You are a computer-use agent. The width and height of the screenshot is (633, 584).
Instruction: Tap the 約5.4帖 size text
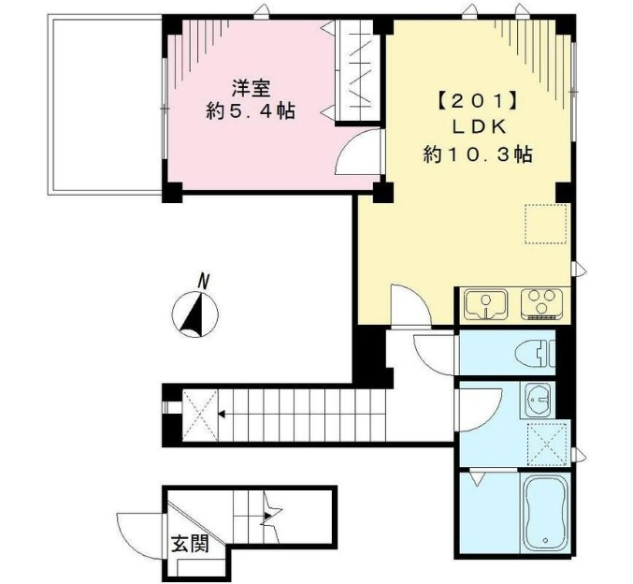coord(251,111)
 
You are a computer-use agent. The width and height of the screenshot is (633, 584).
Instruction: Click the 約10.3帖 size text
coord(477,154)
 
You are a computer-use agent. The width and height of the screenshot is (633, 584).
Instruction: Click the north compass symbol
coord(198,313)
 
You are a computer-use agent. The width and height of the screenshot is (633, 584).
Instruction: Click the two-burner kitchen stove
coord(540,303)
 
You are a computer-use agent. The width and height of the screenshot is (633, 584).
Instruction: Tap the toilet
coord(536,354)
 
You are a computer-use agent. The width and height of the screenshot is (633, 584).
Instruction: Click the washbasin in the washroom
coord(539,401)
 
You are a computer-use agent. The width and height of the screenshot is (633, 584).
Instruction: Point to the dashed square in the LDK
coord(540,223)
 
